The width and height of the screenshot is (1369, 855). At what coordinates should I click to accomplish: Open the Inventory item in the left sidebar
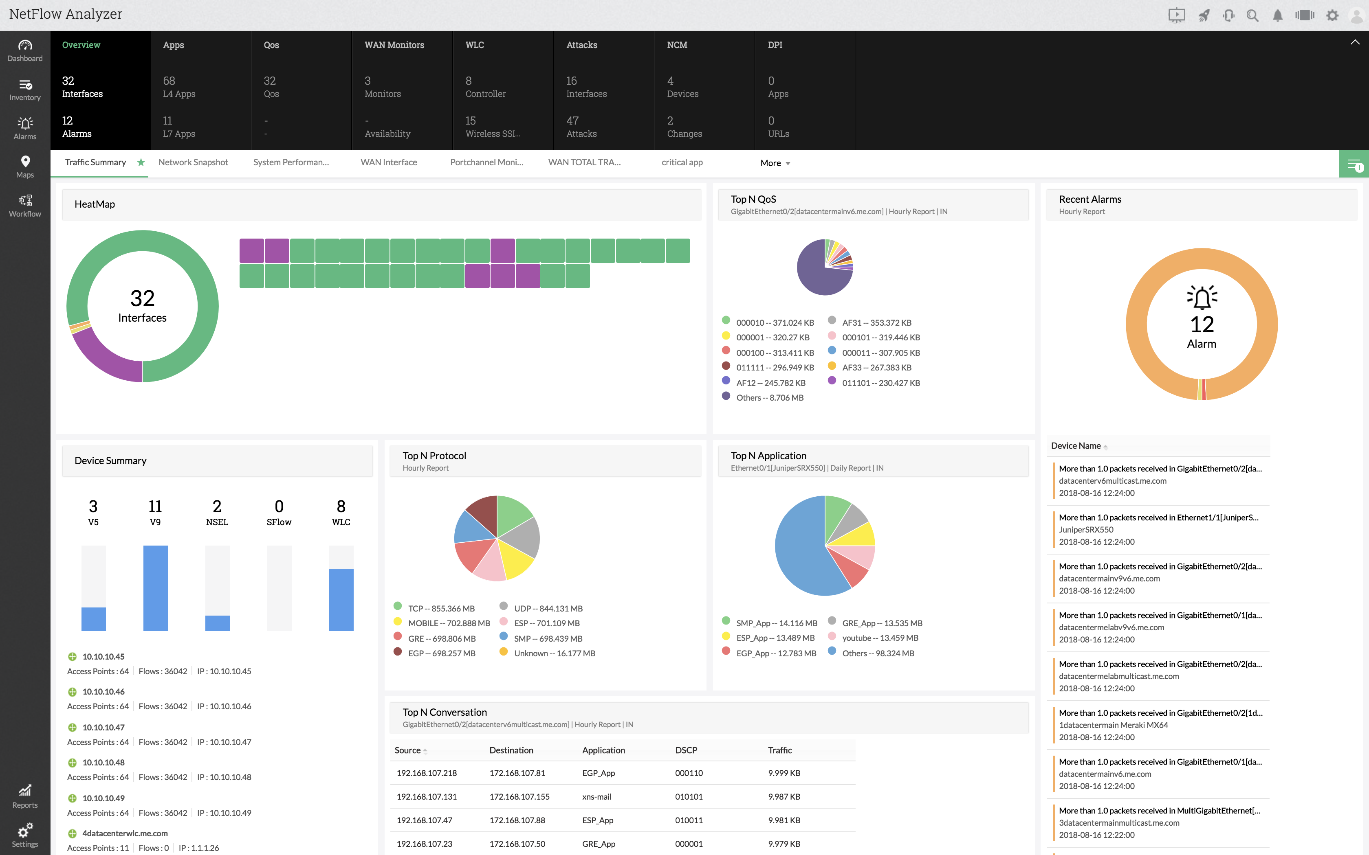(x=25, y=89)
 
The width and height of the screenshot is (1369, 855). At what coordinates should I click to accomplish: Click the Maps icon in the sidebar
(x=25, y=166)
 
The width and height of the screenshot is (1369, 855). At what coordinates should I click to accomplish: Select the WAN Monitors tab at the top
(x=394, y=45)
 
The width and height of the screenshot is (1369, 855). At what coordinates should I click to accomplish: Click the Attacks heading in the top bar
(x=581, y=45)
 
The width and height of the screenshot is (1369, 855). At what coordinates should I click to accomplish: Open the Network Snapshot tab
(x=193, y=163)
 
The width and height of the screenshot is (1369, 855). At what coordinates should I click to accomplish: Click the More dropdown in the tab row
(x=775, y=163)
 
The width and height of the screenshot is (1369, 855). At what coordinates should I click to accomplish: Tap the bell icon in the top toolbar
(x=1277, y=16)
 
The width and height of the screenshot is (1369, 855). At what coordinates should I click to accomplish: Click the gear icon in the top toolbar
(x=1332, y=16)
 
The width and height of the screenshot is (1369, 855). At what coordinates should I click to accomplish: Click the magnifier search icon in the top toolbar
(x=1252, y=16)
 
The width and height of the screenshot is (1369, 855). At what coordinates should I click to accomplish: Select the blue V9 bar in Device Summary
(x=156, y=588)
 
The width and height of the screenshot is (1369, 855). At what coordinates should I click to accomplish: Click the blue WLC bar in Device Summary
(x=341, y=599)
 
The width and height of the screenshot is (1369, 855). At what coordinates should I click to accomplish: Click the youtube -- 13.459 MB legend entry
(x=880, y=638)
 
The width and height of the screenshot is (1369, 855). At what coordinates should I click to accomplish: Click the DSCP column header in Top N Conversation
(x=686, y=750)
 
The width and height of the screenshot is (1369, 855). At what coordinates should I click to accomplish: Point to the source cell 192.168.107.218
(x=427, y=773)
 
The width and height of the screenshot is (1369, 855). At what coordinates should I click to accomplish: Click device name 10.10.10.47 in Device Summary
(x=103, y=727)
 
